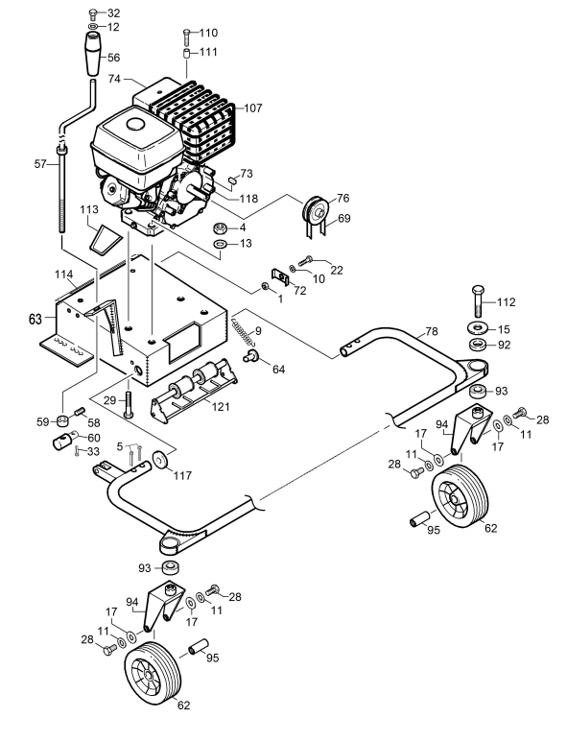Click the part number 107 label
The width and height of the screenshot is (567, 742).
(253, 108)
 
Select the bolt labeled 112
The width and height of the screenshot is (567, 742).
(479, 300)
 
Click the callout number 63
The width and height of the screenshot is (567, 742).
(35, 319)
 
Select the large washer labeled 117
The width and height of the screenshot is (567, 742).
(161, 460)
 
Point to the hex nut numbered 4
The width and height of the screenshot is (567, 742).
(219, 228)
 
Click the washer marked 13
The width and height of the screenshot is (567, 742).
(220, 244)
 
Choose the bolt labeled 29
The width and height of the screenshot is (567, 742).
(129, 405)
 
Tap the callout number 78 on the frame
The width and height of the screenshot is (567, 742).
(432, 331)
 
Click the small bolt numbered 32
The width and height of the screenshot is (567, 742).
(93, 13)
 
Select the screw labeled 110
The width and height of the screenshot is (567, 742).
(186, 36)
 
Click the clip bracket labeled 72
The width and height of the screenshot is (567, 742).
(280, 276)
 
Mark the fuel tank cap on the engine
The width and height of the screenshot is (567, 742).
(134, 124)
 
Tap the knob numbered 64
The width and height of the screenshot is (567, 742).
(250, 356)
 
